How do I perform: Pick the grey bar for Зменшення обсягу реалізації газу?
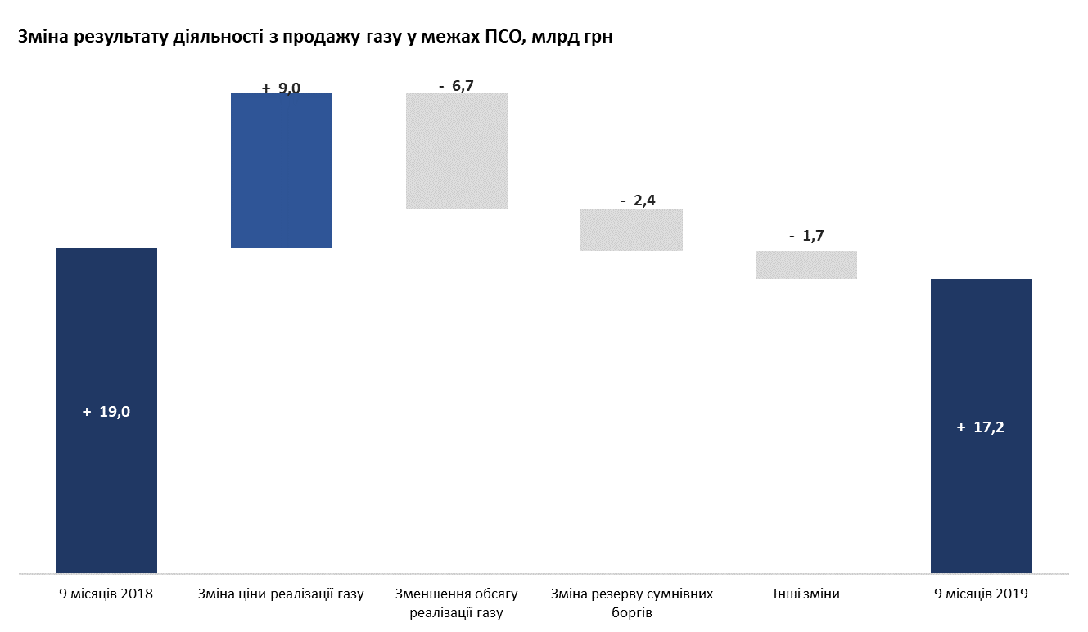(x=457, y=151)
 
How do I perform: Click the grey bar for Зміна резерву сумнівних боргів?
(x=631, y=229)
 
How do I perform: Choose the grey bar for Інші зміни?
(x=806, y=264)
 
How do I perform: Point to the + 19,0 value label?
(x=106, y=413)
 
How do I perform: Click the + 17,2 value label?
(x=981, y=427)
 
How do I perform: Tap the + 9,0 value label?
(x=282, y=88)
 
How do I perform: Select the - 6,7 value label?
(x=457, y=85)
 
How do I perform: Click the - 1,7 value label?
(x=807, y=237)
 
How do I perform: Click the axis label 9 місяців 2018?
(x=106, y=594)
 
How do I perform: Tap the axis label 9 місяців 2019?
(x=981, y=594)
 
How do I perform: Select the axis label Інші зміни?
(x=806, y=594)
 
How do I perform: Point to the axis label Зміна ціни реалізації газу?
(x=281, y=594)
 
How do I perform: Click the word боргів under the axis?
(x=631, y=612)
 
